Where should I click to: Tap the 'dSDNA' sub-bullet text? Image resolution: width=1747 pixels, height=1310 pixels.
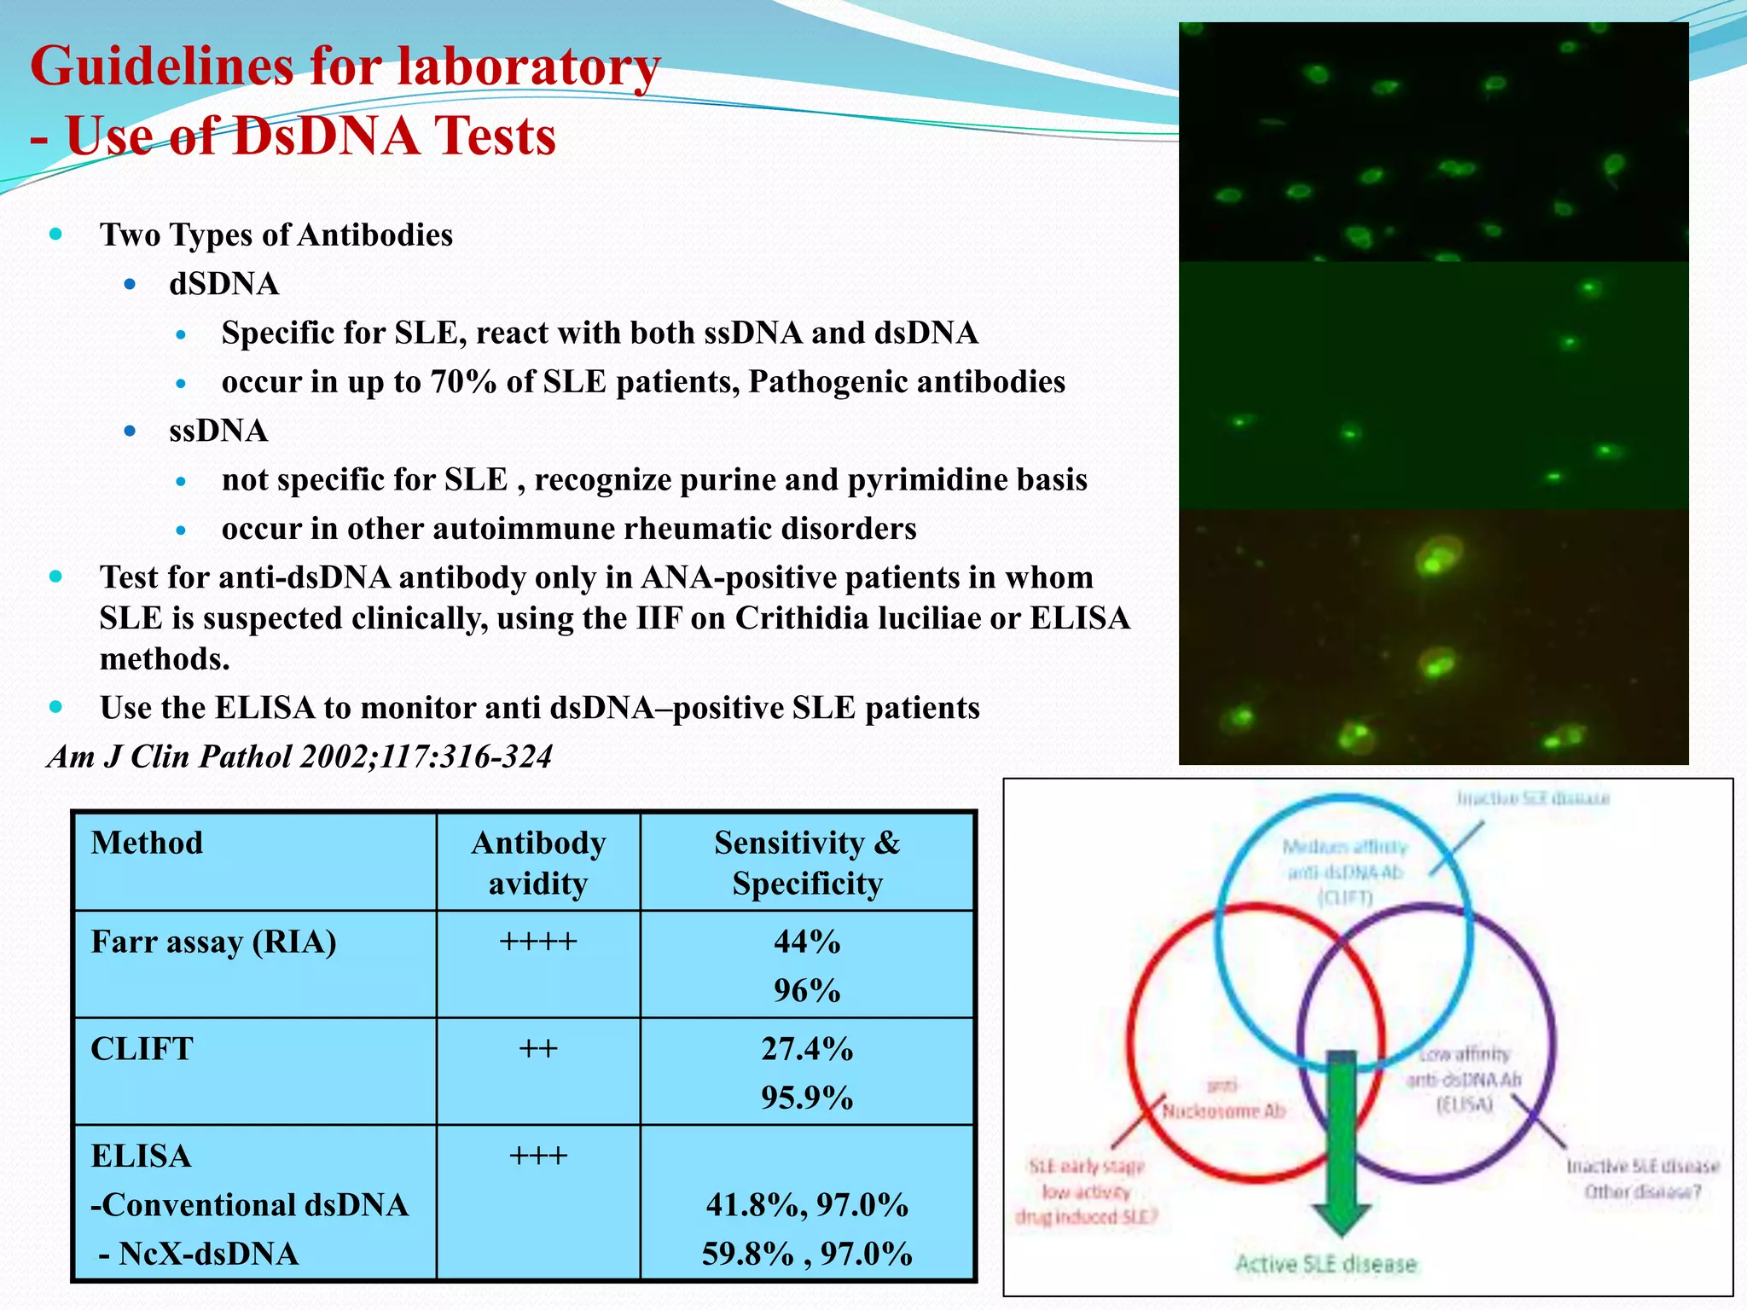click(x=223, y=284)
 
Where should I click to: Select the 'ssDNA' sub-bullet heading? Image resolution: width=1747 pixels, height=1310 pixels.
click(x=218, y=431)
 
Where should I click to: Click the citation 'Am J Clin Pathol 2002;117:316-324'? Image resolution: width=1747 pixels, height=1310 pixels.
click(x=300, y=756)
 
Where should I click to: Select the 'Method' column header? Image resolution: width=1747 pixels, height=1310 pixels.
click(x=147, y=843)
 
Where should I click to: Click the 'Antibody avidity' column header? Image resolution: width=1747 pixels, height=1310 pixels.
click(x=538, y=862)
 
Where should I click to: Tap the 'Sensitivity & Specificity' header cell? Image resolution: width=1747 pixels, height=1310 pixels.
click(x=807, y=862)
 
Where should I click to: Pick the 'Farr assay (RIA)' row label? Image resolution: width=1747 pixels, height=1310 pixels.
click(x=213, y=942)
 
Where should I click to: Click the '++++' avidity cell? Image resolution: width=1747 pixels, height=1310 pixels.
click(x=538, y=942)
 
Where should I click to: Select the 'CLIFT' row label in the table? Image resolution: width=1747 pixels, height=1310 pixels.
click(x=142, y=1049)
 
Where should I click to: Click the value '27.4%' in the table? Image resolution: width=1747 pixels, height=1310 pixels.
click(x=807, y=1049)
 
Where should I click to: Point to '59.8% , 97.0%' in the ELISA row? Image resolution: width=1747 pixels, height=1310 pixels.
click(x=807, y=1254)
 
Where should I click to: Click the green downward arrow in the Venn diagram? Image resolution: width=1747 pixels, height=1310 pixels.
click(x=1341, y=1143)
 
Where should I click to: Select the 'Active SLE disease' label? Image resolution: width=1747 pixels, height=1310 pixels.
click(x=1326, y=1264)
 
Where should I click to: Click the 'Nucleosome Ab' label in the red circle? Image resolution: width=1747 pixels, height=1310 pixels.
click(x=1223, y=1111)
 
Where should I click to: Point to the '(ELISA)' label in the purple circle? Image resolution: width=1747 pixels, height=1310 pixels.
click(x=1465, y=1104)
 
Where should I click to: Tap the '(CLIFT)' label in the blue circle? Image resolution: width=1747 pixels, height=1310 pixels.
click(x=1345, y=897)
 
